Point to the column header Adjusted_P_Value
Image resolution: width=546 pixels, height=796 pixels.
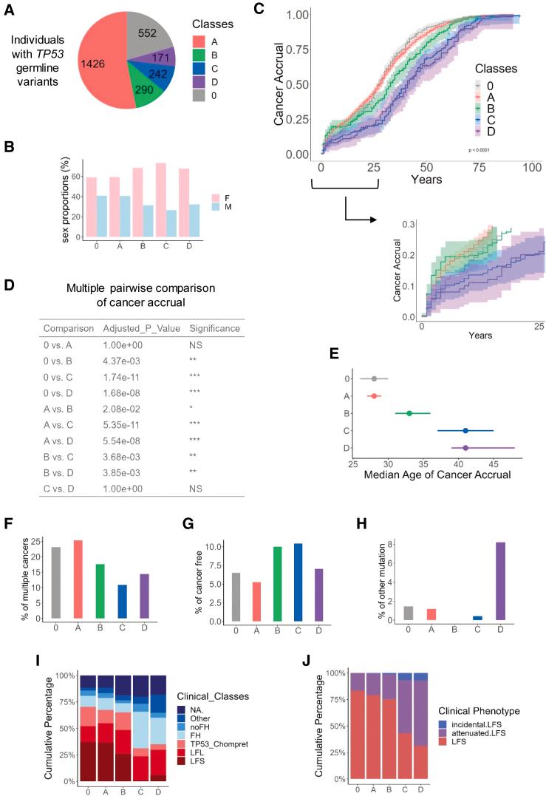(x=140, y=327)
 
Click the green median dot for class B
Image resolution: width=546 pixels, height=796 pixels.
(x=409, y=413)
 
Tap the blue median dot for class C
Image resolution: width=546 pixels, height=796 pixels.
(x=465, y=431)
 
